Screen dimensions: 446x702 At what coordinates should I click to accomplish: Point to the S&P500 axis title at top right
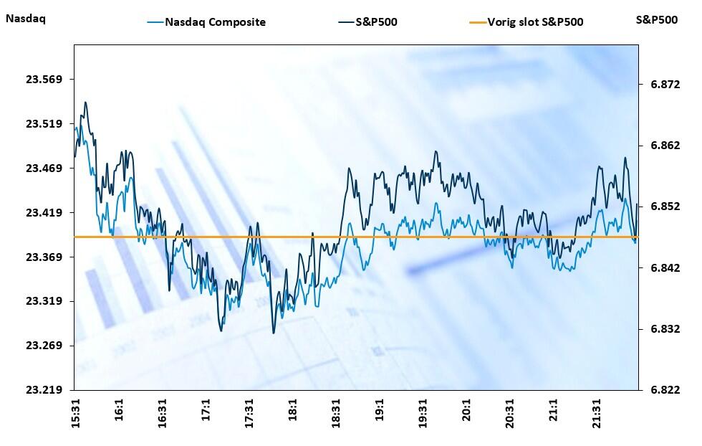coord(656,19)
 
